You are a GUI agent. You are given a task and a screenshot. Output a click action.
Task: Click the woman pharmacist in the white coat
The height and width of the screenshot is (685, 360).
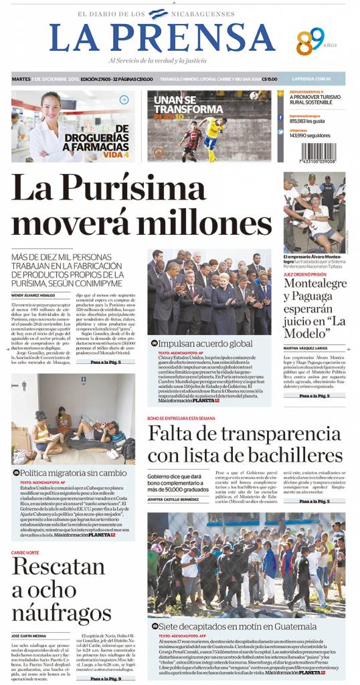(x=49, y=124)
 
